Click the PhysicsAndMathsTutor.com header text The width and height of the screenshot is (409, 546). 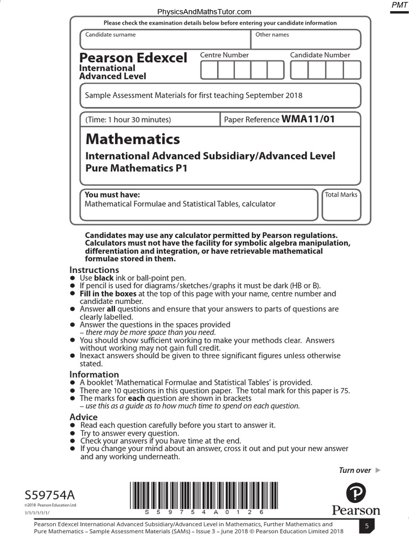click(204, 12)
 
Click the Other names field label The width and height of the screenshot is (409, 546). click(272, 35)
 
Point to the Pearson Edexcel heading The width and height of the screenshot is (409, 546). click(133, 58)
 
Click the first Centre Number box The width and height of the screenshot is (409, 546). click(209, 70)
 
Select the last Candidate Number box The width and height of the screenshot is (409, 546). click(351, 70)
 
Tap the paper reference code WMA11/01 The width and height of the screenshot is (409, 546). click(308, 119)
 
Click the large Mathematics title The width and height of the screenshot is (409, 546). click(133, 139)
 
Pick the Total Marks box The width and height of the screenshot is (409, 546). click(341, 205)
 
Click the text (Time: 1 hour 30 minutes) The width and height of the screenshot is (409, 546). click(128, 120)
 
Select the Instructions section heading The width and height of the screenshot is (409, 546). click(94, 270)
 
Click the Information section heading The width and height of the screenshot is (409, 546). click(94, 374)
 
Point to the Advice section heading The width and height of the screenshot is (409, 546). click(84, 417)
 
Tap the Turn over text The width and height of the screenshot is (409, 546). click(355, 470)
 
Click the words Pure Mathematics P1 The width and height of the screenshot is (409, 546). click(137, 168)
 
